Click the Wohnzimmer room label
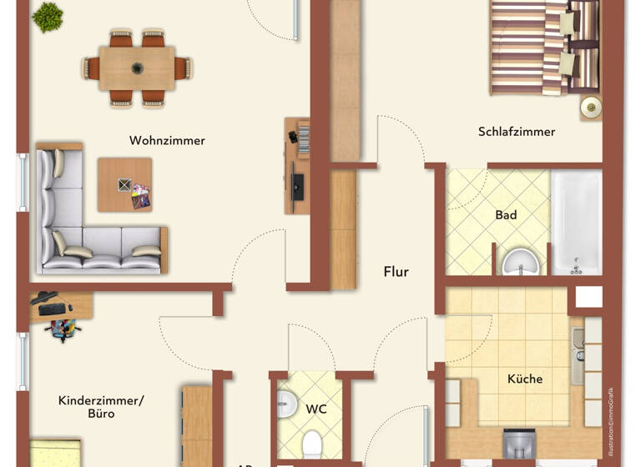[167, 140]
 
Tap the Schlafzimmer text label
[517, 131]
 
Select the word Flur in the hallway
[396, 271]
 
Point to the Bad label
[506, 214]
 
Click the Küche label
[524, 379]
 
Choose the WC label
[315, 409]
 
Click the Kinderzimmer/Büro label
[100, 407]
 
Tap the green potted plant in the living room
[48, 16]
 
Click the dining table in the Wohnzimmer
[137, 68]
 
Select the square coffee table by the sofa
[124, 184]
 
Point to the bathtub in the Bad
[576, 222]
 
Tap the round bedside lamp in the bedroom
[591, 106]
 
